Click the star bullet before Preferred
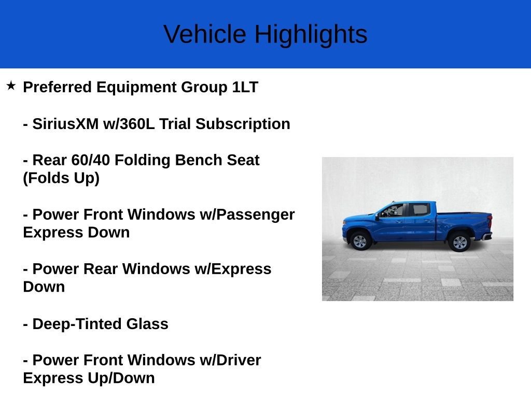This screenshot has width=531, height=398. (x=11, y=86)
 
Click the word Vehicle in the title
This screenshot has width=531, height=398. (x=205, y=34)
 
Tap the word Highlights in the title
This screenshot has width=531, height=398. (x=311, y=35)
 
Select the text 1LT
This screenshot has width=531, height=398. (x=245, y=87)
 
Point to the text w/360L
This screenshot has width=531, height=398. (x=129, y=123)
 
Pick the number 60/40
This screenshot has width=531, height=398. (x=90, y=160)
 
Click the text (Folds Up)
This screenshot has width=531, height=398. (x=61, y=178)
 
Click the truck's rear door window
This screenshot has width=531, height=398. (x=420, y=209)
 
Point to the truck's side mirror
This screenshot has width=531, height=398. (x=377, y=216)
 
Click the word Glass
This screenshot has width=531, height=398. (x=147, y=324)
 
